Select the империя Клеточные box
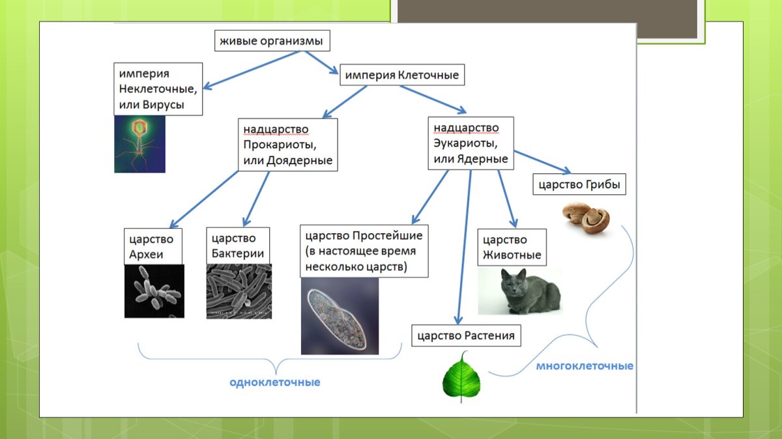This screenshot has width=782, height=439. click(401, 75)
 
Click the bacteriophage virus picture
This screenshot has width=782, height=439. click(139, 144)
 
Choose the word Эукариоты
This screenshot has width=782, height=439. click(465, 143)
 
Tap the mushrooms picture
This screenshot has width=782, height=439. click(586, 216)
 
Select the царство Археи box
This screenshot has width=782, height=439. click(152, 246)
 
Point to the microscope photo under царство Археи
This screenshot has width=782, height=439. click(154, 290)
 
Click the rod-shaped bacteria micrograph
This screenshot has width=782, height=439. click(239, 290)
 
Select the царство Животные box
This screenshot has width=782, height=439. click(511, 247)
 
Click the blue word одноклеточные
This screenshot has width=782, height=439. click(274, 382)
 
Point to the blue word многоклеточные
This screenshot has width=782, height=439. click(584, 366)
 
